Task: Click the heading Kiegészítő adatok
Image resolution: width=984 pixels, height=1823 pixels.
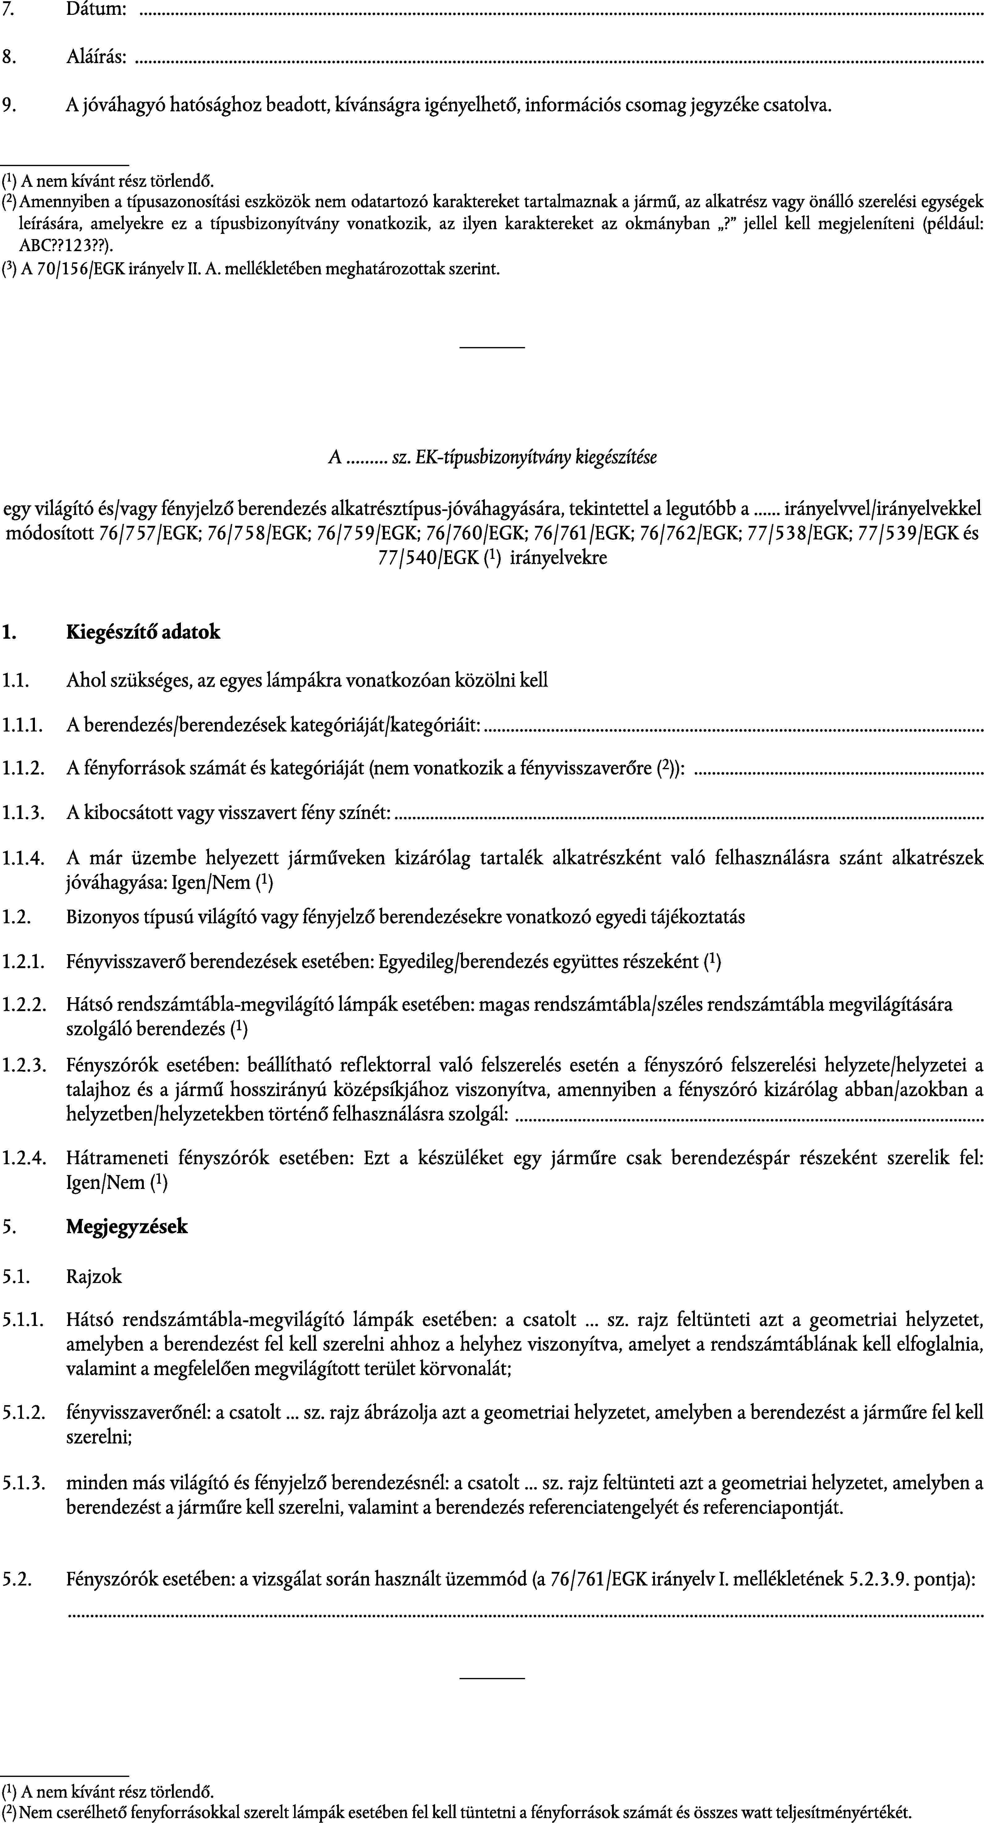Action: (x=143, y=632)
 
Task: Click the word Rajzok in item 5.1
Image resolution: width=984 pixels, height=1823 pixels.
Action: (x=94, y=1276)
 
